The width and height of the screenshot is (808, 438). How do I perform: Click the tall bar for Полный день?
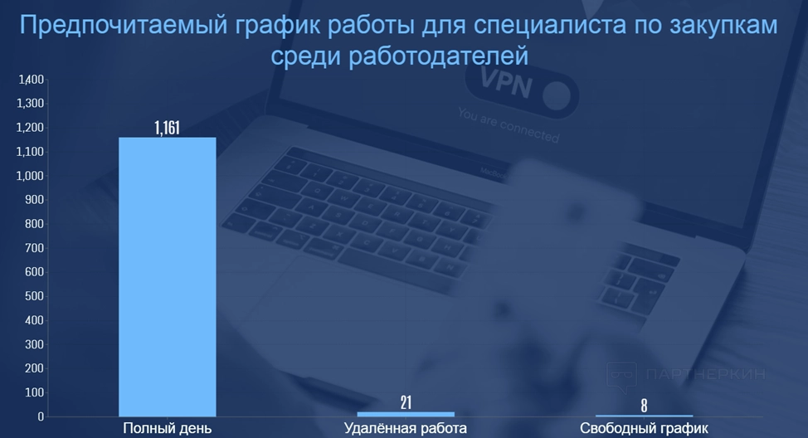(x=168, y=277)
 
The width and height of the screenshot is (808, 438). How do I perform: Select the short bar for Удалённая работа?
(x=406, y=414)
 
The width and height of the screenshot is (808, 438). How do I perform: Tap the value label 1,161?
(x=168, y=127)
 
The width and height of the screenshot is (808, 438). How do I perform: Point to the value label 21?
(x=406, y=402)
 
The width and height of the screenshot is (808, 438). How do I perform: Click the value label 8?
(x=644, y=406)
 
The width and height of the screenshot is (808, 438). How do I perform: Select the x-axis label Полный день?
(x=168, y=428)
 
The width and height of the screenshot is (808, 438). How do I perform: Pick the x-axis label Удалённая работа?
(x=406, y=428)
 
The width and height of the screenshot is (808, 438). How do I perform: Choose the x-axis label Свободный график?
(x=644, y=428)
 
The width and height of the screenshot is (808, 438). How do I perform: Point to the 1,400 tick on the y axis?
(x=31, y=80)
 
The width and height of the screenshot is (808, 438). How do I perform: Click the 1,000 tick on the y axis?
(x=31, y=176)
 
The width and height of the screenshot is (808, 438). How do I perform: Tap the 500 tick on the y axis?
(x=35, y=296)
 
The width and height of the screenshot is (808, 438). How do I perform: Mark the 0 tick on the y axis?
(x=41, y=416)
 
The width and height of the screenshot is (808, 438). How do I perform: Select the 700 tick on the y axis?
(x=35, y=248)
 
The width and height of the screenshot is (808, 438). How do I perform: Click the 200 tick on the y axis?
(x=35, y=368)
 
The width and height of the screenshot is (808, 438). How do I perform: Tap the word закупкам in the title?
(x=723, y=26)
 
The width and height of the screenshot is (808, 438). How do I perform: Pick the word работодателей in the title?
(x=439, y=56)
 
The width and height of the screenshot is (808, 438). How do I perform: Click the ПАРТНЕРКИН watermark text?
(x=705, y=374)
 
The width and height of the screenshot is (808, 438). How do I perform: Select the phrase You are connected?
(x=508, y=124)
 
